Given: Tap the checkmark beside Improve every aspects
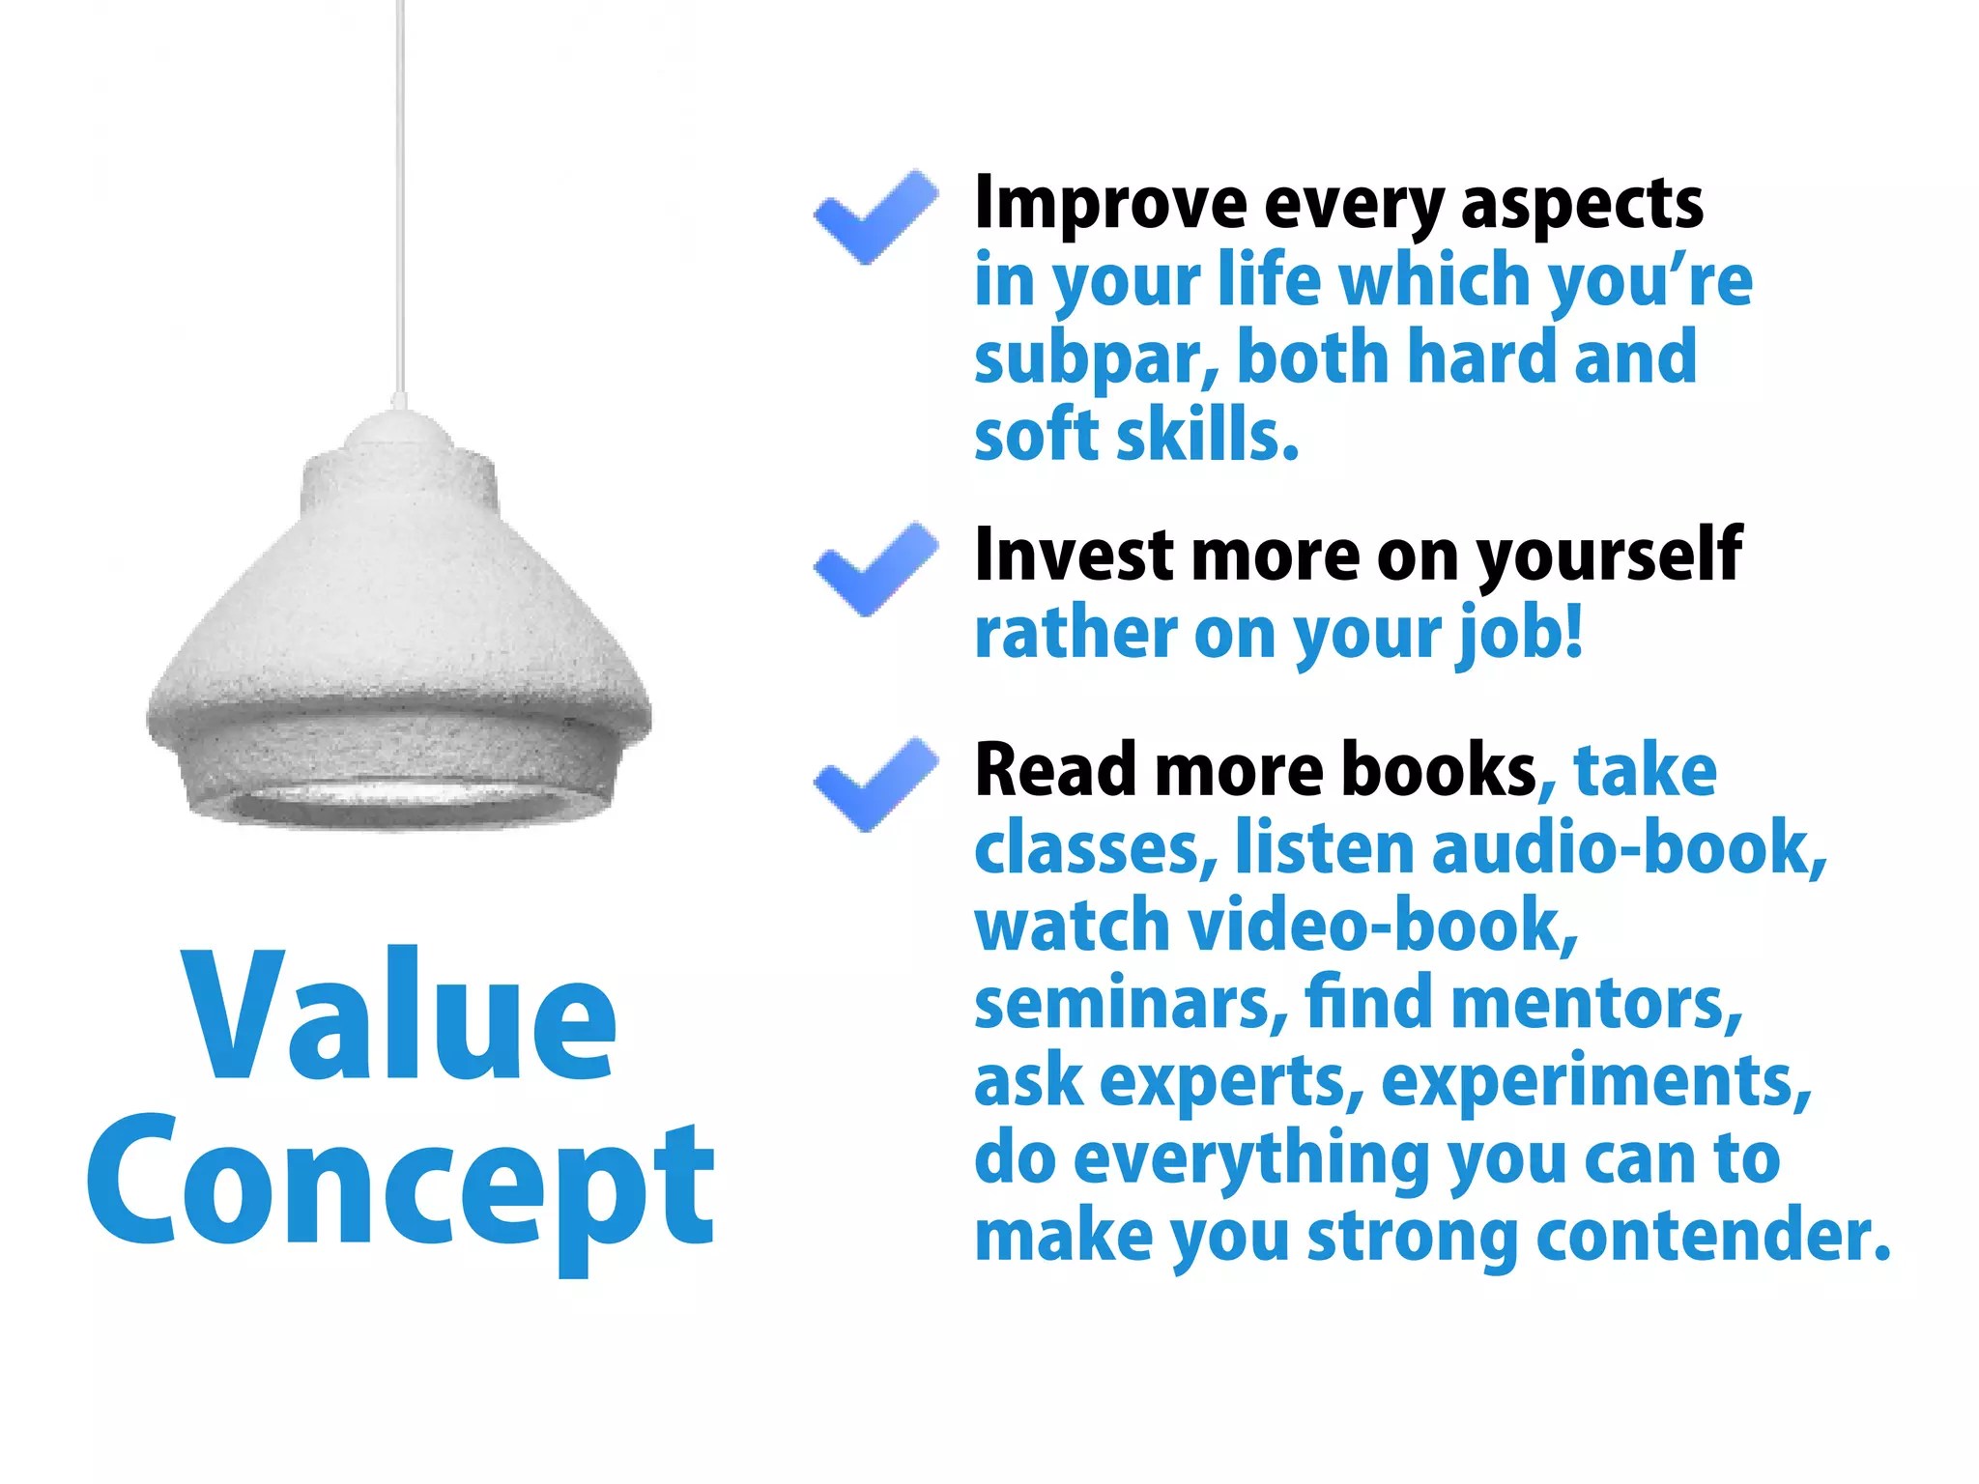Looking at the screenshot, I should pos(875,216).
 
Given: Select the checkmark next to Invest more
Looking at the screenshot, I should pos(875,569).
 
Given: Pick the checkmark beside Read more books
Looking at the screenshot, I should pos(875,784).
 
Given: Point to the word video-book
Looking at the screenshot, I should pos(1382,926).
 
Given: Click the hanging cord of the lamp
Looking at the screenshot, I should pos(400,193).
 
